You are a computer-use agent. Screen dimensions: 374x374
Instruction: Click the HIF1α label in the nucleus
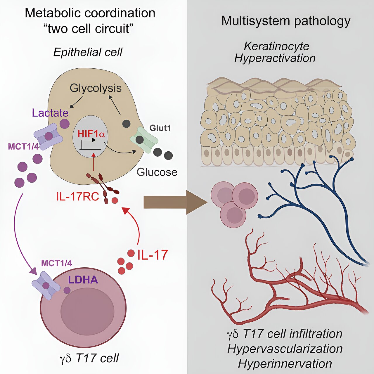click(91, 134)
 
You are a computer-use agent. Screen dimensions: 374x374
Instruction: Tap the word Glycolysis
click(96, 88)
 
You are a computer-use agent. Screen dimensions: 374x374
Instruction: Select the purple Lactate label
click(50, 113)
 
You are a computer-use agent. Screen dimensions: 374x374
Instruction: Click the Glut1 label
click(160, 128)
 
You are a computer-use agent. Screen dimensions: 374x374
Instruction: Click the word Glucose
click(157, 172)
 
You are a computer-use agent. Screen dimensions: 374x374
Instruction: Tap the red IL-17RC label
click(78, 197)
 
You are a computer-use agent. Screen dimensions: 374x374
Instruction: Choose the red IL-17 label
click(153, 255)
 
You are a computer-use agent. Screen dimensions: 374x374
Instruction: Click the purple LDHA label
click(83, 280)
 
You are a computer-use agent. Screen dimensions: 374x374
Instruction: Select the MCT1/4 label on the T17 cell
click(56, 263)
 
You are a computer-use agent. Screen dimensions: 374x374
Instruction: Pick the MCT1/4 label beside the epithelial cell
click(23, 146)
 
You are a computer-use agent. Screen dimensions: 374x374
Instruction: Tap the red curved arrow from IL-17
click(134, 222)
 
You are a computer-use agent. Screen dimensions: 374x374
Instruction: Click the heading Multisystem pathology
click(285, 21)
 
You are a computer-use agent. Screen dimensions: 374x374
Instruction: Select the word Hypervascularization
click(285, 349)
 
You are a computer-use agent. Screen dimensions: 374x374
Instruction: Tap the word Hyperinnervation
click(285, 364)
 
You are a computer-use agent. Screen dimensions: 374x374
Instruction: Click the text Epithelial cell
click(88, 52)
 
